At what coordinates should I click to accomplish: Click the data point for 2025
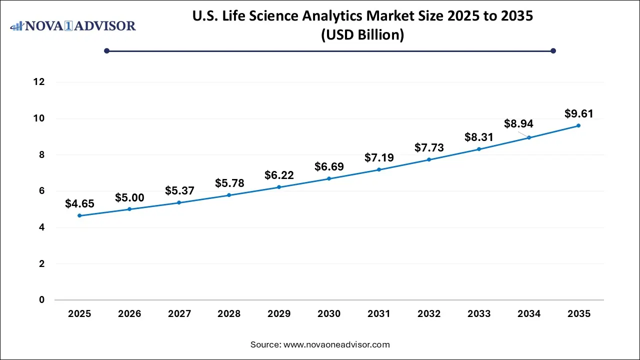point(79,215)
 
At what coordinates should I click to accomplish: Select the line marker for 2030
point(329,178)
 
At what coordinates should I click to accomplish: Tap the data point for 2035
point(578,125)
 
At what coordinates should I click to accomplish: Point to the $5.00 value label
point(129,198)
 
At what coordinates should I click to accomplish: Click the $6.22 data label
point(279,175)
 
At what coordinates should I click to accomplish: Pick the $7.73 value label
point(429,148)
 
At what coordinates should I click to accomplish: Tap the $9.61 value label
point(579,114)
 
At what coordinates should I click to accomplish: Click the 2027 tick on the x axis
point(179,314)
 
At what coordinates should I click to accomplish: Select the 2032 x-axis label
point(429,314)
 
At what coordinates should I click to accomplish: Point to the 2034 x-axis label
point(529,314)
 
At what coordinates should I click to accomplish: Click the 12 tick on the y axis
point(39,82)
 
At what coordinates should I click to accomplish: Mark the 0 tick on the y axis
point(42,300)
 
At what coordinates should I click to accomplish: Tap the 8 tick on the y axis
point(42,155)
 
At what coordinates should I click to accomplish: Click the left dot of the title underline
point(106,50)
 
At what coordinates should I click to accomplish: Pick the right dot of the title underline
point(553,50)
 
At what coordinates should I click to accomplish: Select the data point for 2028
point(229,195)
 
